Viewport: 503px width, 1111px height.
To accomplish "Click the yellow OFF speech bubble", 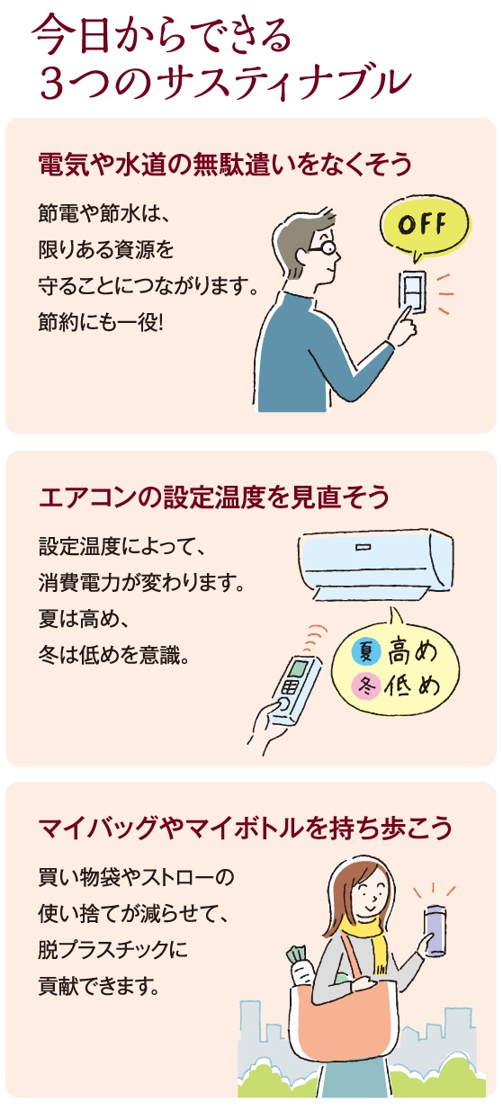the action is pos(424,226).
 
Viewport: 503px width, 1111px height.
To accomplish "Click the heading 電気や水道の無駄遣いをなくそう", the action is pos(225,166).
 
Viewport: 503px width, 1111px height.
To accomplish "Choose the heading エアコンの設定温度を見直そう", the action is pos(214,497).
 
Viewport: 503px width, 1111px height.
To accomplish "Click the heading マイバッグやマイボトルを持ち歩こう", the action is pos(246,828).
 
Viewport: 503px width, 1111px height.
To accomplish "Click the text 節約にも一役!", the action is pos(101,323).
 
